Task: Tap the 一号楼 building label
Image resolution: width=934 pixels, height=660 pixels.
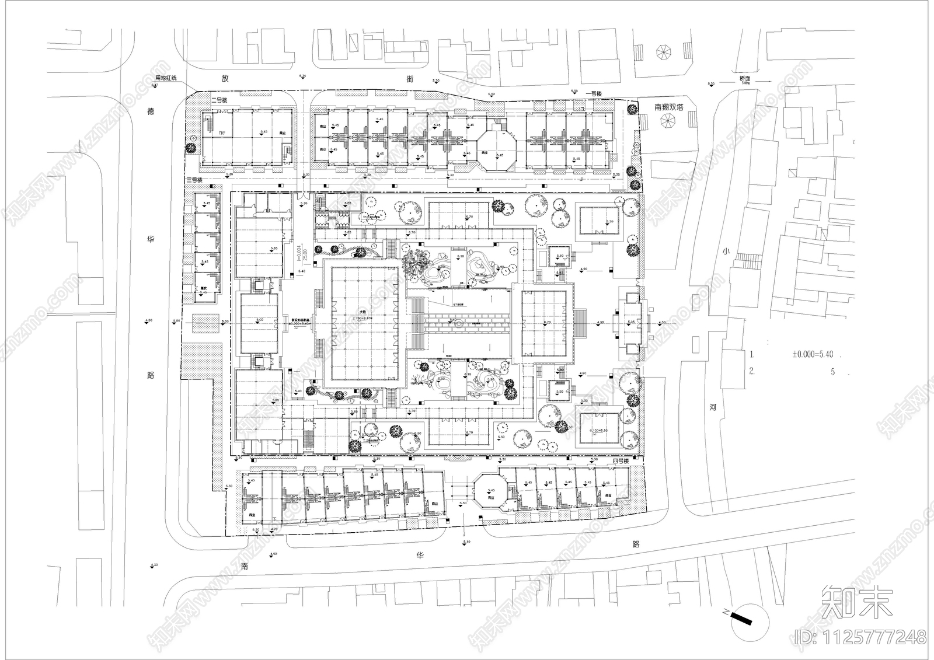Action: click(594, 93)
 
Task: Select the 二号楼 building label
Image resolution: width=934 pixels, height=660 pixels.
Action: click(219, 100)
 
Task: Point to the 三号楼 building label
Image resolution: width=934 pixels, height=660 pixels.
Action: click(193, 180)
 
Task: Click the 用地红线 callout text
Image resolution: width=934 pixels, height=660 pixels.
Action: click(165, 78)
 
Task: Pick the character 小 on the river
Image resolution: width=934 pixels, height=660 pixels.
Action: click(726, 251)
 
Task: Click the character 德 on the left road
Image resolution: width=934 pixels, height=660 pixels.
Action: click(150, 111)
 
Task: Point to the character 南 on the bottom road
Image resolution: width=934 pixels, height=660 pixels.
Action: click(244, 566)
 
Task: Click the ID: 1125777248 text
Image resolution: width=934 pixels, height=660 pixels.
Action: click(860, 637)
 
